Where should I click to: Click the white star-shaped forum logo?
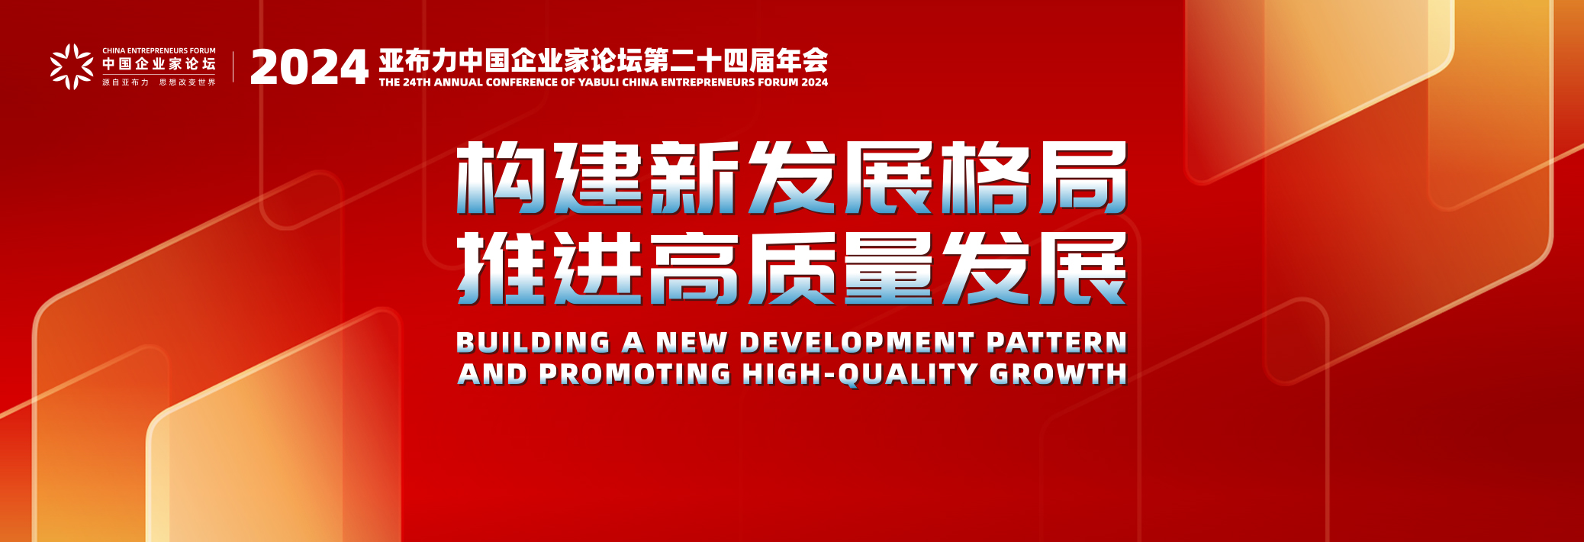pos(72,66)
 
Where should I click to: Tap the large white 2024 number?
pos(309,67)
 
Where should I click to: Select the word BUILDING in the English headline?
pos(533,343)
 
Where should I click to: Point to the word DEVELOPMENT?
pos(857,343)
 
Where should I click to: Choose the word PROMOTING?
pos(635,374)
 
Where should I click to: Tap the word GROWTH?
pos(1058,374)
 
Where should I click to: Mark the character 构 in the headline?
pos(500,178)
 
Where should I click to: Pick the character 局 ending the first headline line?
pos(1083,178)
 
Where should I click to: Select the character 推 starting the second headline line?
pos(500,269)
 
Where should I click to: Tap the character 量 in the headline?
pos(889,269)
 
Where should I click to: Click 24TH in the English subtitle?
pos(417,82)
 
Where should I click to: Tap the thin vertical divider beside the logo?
pos(233,67)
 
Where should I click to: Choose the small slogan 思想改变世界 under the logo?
pos(188,82)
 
